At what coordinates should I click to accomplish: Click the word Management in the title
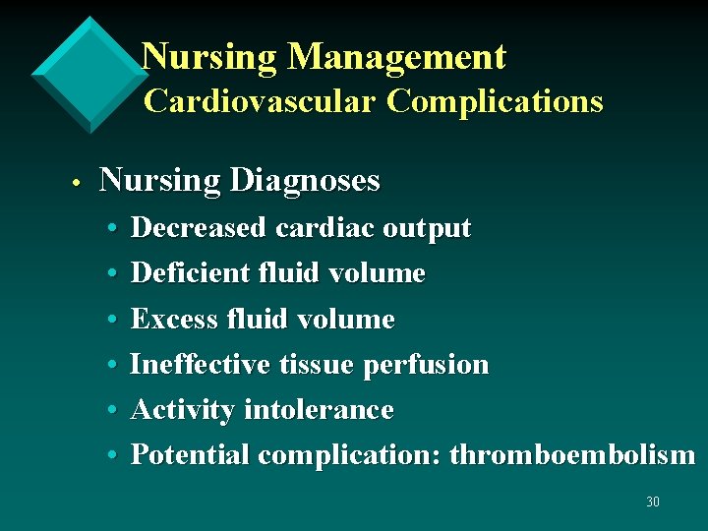click(x=396, y=58)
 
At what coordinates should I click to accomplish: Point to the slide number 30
click(x=653, y=502)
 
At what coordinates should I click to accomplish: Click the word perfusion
click(x=426, y=365)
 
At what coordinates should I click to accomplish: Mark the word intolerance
click(x=319, y=410)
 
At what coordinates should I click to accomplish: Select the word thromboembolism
click(x=572, y=455)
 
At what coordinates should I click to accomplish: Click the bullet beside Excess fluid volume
click(x=114, y=320)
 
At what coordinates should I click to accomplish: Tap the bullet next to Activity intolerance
click(x=114, y=411)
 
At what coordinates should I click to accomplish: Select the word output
click(x=427, y=229)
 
